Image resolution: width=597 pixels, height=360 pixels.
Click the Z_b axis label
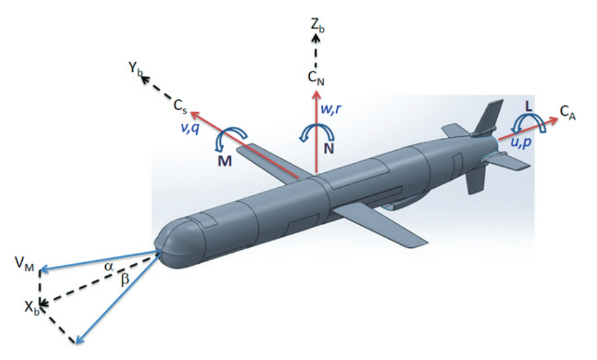tap(317, 26)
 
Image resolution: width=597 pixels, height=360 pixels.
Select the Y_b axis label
tap(136, 69)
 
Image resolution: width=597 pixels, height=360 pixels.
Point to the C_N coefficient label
tap(316, 78)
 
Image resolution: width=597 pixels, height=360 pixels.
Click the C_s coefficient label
tap(180, 105)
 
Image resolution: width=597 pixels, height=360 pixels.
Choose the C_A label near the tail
tap(567, 113)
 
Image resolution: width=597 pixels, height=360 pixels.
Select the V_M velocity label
tap(24, 264)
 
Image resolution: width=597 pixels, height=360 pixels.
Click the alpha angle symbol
tap(109, 267)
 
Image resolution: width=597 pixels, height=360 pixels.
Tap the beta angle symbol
tap(125, 280)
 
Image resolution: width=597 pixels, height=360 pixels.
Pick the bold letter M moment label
tap(224, 161)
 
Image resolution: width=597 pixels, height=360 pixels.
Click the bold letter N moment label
tap(328, 149)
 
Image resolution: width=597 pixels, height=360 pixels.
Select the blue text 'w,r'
tap(331, 109)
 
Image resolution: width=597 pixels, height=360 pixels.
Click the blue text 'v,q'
tap(189, 129)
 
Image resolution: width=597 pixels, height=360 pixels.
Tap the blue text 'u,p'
tap(521, 142)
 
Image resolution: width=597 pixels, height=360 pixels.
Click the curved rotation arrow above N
tap(317, 133)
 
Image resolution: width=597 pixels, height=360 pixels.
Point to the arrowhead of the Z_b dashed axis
tap(315, 37)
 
